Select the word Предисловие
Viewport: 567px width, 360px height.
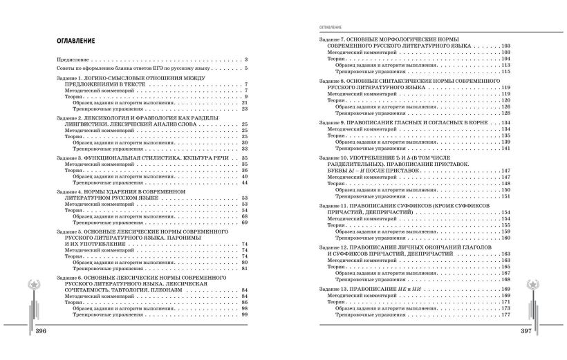[72, 60]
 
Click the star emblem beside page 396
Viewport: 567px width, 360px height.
[31, 286]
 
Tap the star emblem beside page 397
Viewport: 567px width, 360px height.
[535, 286]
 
